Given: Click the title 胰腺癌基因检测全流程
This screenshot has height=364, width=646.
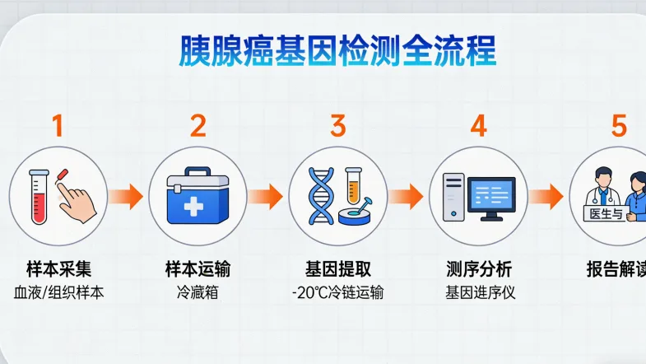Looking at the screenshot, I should [x=337, y=51].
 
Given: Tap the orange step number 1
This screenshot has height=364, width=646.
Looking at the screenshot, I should [x=57, y=126].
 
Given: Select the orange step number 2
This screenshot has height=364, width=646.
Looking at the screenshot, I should [x=198, y=126].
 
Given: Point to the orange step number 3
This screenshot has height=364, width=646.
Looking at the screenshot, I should [x=338, y=126].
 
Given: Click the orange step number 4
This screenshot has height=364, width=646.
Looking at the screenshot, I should [x=478, y=126].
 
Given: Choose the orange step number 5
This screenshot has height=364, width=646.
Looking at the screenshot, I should [x=619, y=126].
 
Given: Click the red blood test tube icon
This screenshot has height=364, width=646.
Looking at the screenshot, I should [x=37, y=196].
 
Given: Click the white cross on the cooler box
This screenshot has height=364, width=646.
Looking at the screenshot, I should [x=196, y=206].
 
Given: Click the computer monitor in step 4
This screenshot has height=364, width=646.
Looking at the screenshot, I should [x=491, y=194].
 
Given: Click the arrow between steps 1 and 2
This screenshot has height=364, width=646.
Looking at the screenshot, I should [x=127, y=197].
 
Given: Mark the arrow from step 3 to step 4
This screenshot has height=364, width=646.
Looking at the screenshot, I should [x=407, y=197].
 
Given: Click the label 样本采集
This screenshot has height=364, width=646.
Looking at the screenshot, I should [x=57, y=269].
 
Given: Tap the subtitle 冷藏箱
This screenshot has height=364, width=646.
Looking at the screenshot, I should [x=198, y=292].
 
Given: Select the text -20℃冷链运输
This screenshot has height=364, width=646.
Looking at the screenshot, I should [x=337, y=292].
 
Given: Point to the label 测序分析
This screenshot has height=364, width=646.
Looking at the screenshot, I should [x=478, y=269].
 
